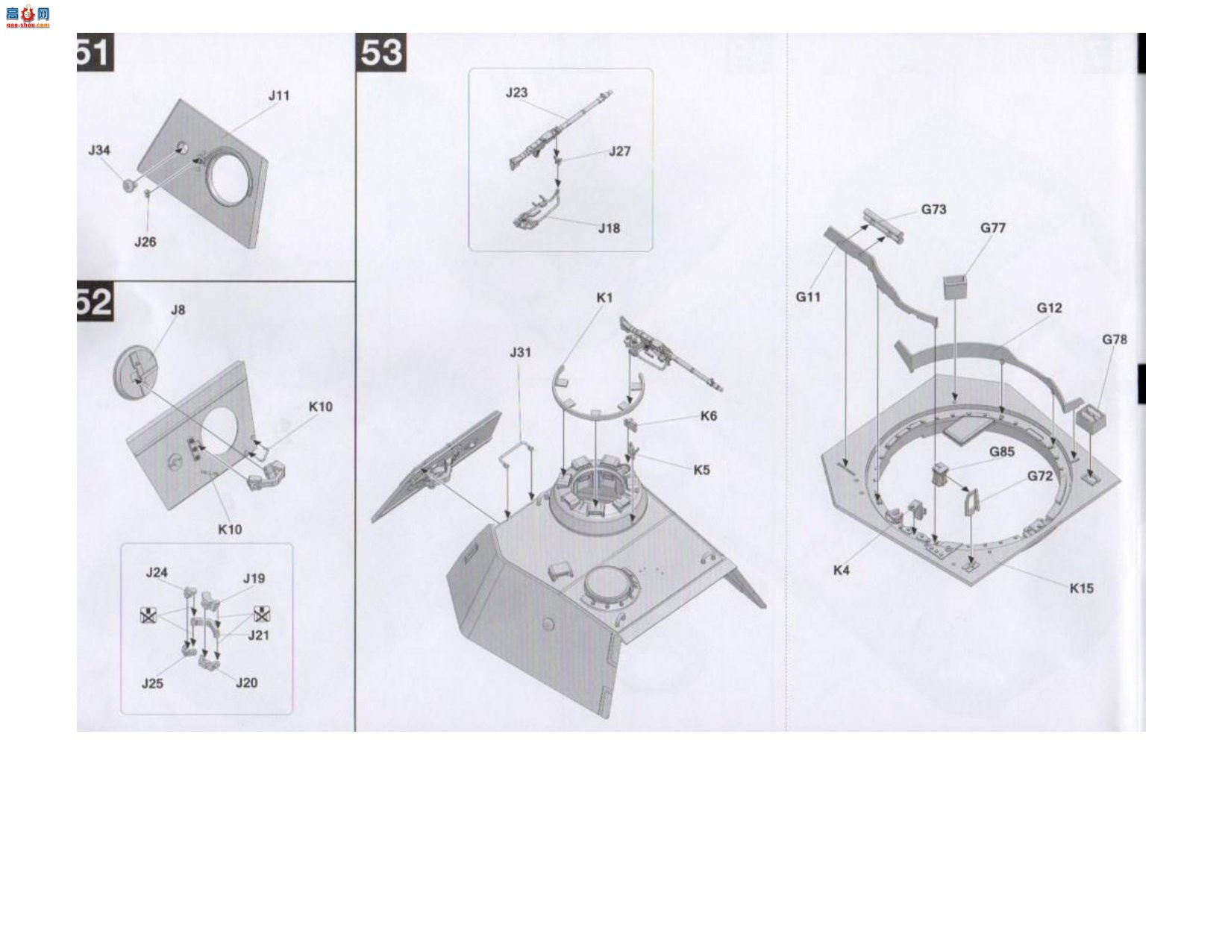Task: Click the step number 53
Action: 381,52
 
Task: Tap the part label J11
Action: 279,95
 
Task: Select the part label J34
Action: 99,150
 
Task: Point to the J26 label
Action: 145,242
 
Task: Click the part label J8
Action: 178,310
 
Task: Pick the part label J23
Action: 516,92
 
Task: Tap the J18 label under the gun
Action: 609,228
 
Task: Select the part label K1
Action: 604,298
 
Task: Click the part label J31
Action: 520,352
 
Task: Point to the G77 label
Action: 992,227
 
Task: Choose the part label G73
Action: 933,210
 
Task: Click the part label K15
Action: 1082,589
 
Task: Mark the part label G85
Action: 1001,452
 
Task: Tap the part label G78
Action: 1115,339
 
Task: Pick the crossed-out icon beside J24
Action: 148,615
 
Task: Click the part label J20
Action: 246,683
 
